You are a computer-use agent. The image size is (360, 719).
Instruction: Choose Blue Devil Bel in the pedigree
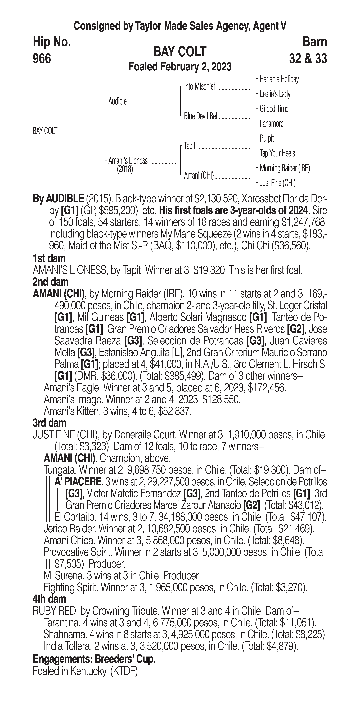click(x=200, y=116)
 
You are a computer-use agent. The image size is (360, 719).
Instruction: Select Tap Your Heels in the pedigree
click(x=277, y=153)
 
